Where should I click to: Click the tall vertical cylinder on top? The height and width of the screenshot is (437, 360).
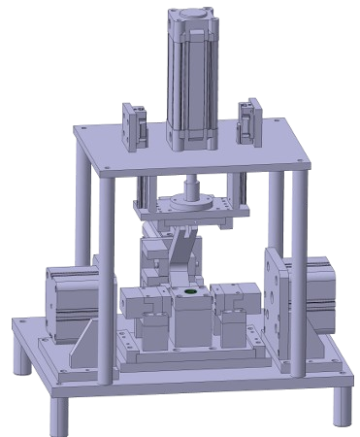195,83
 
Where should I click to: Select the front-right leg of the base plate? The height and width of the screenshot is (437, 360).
339,406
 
